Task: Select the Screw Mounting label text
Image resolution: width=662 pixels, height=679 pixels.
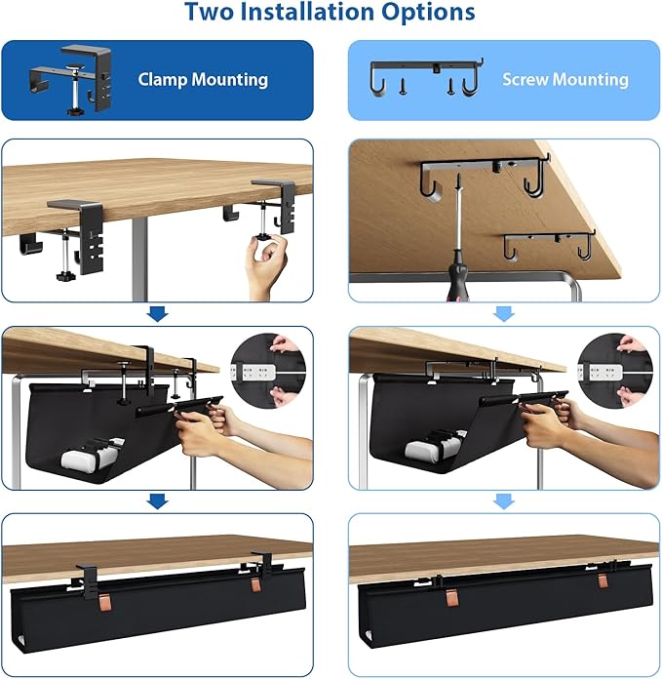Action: coord(565,79)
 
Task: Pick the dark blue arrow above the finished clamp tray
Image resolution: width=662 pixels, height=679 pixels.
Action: coord(157,501)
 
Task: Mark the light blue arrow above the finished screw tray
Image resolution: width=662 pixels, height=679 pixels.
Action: coord(504,501)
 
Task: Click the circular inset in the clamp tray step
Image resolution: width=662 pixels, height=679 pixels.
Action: coord(268,372)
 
